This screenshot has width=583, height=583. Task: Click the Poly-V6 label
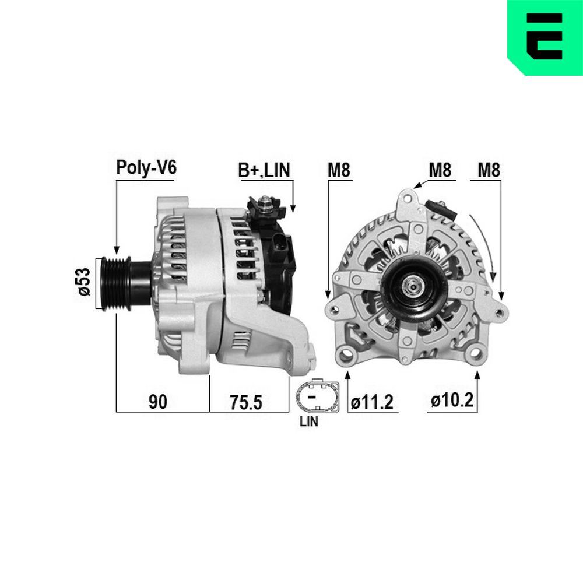tap(146, 168)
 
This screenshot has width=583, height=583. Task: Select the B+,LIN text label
tap(264, 170)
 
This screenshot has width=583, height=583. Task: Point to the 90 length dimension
tap(158, 402)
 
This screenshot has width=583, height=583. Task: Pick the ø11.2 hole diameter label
tap(373, 402)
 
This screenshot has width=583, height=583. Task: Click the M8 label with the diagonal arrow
tap(440, 170)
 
